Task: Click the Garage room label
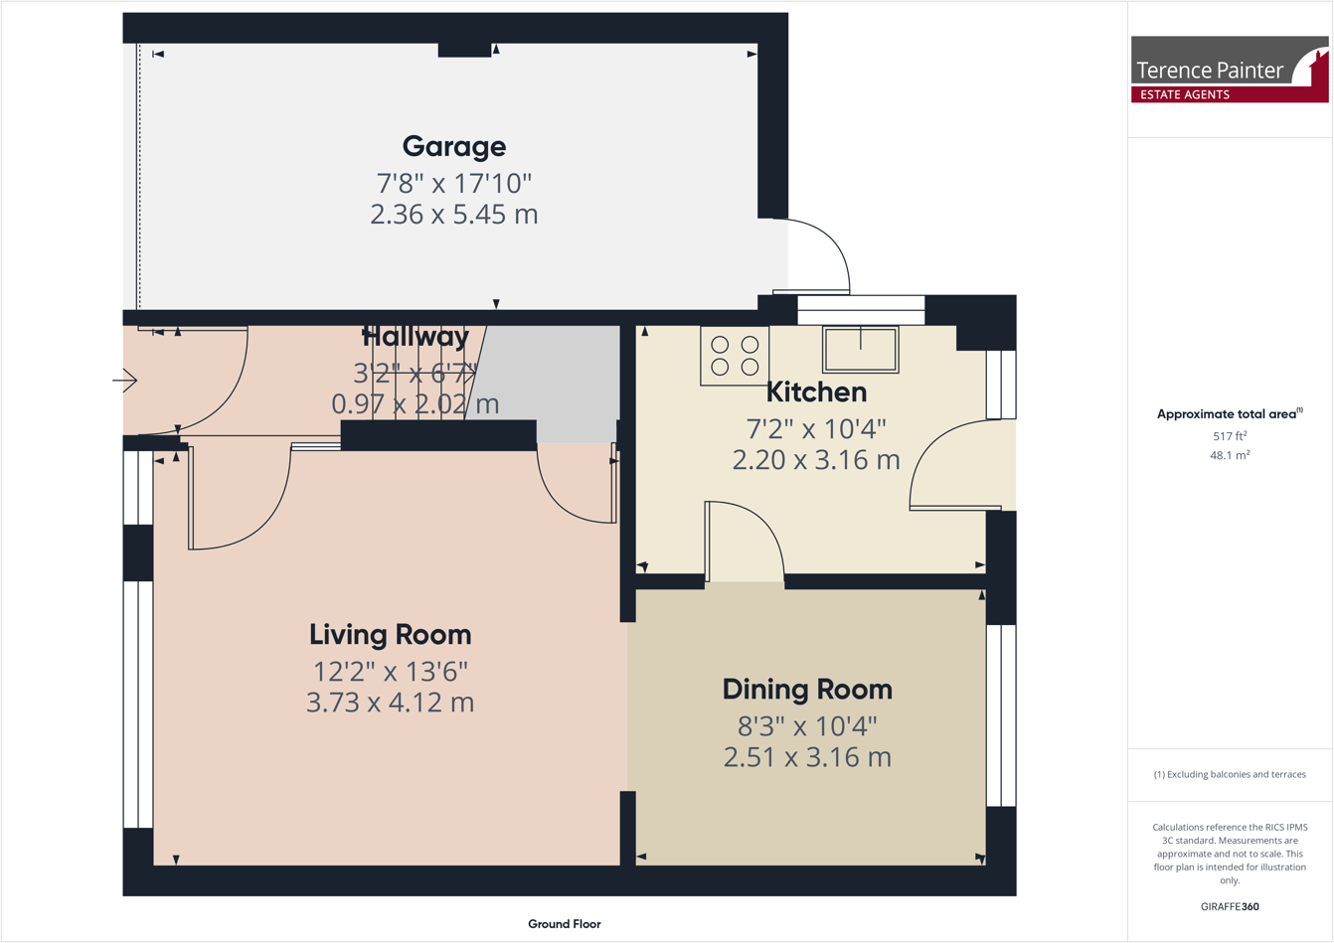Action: tap(454, 146)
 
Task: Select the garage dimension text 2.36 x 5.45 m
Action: tap(454, 215)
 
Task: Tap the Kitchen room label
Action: tap(816, 393)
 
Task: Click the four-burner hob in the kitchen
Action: tap(735, 356)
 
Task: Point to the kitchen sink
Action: tap(861, 349)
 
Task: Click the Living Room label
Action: tap(390, 635)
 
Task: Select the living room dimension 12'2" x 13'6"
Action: tap(390, 672)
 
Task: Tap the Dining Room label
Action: tap(807, 690)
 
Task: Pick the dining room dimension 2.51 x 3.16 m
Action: tap(807, 757)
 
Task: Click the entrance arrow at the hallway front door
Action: tap(125, 380)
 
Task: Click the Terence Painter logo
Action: tap(1229, 69)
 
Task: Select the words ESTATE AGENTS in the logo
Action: tap(1184, 94)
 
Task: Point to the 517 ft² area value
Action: tap(1230, 436)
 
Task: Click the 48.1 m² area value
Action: tap(1230, 456)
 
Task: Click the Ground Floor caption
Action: tap(564, 924)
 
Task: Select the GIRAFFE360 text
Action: tap(1230, 906)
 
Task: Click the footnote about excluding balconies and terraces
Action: tap(1230, 774)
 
